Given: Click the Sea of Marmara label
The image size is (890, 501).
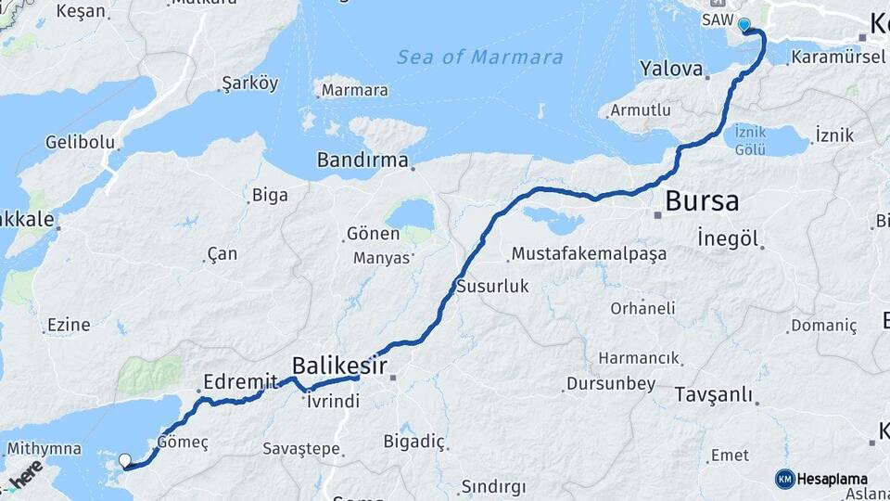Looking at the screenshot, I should (479, 58).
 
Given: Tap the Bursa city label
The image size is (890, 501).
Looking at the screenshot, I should (702, 200).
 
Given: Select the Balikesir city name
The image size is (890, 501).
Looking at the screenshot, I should (339, 364).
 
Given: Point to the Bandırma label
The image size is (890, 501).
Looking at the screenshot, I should (362, 160).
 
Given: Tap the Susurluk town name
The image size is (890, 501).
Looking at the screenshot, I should (492, 287).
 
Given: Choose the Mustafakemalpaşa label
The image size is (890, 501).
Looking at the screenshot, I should (589, 254).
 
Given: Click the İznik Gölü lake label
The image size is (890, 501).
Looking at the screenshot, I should (749, 141).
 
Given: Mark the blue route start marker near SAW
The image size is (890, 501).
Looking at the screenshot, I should (744, 24).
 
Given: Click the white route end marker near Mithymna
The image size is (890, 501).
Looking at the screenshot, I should (125, 459).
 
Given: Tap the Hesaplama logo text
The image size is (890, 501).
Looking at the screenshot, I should (832, 480).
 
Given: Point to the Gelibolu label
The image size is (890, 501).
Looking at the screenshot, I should (81, 143).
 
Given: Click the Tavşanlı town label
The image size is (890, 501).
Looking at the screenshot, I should (714, 394).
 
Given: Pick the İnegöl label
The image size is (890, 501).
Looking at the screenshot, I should (730, 239).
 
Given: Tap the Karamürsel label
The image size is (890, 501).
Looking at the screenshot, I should (828, 58).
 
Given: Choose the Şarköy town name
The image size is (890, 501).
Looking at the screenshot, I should (250, 83).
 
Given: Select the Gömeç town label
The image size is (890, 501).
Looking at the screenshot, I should (184, 442).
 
